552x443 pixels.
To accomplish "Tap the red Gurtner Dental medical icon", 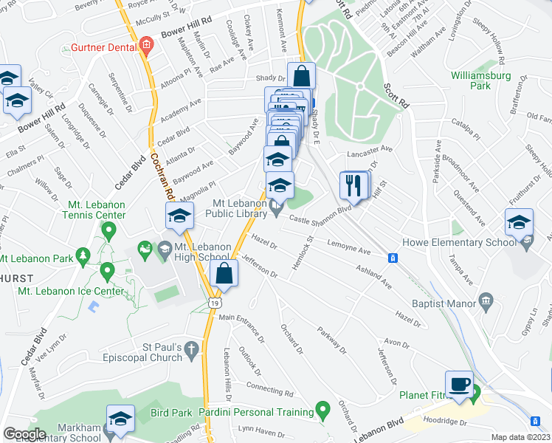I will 146,46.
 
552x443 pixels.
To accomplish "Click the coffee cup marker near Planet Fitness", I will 459,385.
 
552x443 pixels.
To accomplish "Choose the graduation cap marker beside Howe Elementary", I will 519,222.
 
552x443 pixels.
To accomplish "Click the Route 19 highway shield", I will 214,303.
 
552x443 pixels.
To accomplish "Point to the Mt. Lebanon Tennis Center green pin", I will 109,232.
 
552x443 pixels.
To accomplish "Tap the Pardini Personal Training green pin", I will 322,408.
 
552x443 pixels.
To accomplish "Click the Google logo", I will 24,434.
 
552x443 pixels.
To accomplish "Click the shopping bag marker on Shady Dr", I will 302,75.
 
